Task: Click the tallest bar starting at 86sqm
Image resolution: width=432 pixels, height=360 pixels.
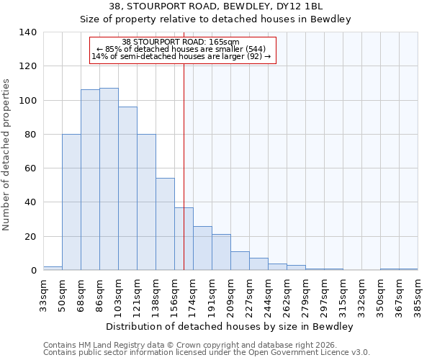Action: pos(109,179)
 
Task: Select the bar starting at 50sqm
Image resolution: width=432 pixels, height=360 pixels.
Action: pos(71,202)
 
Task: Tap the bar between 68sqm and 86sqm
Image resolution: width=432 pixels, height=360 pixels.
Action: pos(90,180)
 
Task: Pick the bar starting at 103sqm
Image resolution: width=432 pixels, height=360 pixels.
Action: pos(127,189)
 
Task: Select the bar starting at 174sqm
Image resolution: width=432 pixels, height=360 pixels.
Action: pos(202,248)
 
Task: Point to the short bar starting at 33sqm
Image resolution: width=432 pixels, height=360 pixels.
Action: pos(53,268)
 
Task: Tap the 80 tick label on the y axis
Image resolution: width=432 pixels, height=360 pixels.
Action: pos(30,135)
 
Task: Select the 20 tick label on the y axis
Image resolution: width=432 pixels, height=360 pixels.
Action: pos(30,237)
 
